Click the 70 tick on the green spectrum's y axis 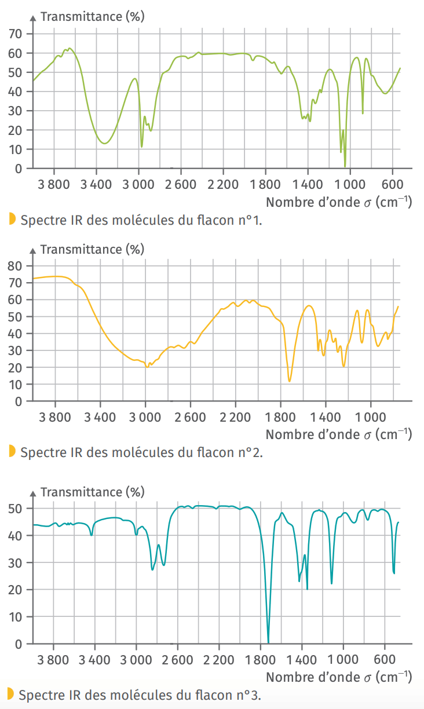point(15,34)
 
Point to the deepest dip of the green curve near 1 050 point(345,166)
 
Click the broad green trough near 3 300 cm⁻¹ point(104,142)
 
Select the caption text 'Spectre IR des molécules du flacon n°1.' point(141,220)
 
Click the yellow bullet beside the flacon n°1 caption point(12,219)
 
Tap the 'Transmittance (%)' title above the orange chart point(92,250)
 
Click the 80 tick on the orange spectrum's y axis point(15,266)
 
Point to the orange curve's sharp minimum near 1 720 point(290,381)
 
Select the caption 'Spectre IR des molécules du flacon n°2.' point(141,452)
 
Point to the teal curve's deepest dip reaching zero point(268,642)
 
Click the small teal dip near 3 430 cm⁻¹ point(92,535)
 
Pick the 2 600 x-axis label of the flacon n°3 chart point(178,660)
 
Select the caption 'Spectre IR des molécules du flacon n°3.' point(141,695)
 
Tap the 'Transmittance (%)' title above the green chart point(92,17)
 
